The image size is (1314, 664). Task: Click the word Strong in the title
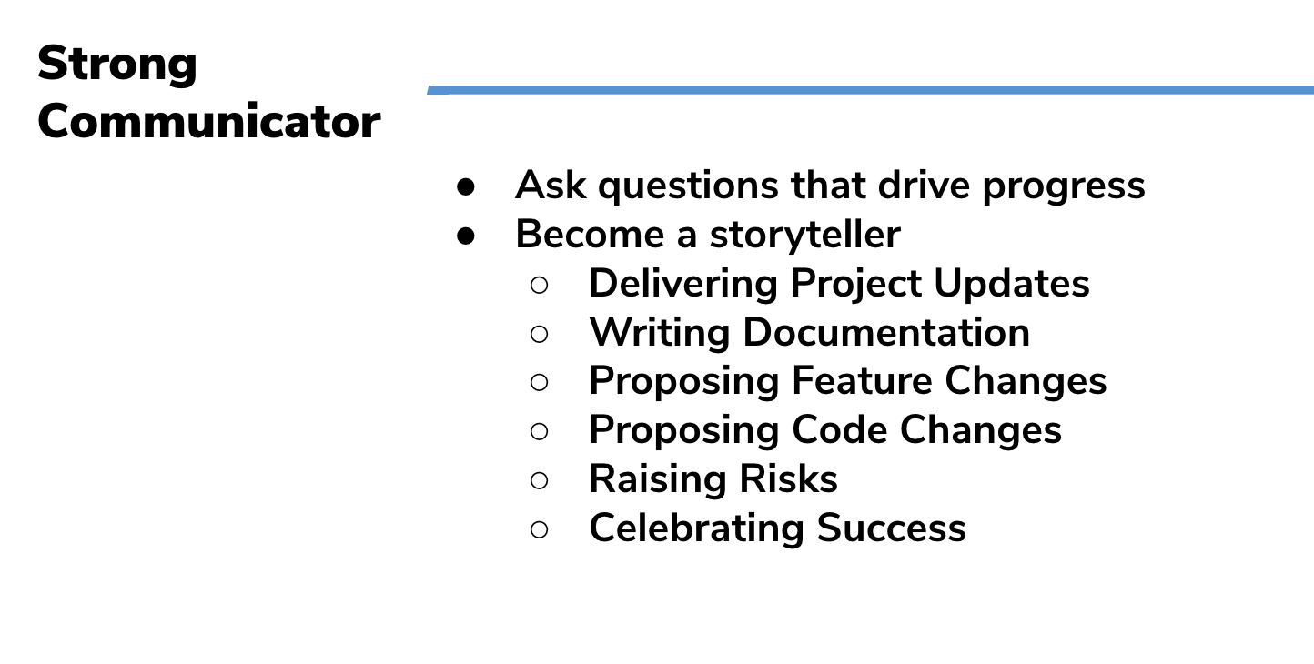117,65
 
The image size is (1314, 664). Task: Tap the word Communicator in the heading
209,121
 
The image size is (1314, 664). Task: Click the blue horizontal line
871,90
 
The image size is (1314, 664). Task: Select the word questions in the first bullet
688,186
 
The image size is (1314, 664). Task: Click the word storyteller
804,236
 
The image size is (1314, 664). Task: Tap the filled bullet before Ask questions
466,187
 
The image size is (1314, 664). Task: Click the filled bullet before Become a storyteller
466,236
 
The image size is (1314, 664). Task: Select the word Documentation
885,333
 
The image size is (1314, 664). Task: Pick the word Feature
862,381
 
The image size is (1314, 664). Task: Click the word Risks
788,479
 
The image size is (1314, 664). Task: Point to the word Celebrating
696,529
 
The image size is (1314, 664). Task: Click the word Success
891,528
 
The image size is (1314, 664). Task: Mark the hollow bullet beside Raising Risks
539,480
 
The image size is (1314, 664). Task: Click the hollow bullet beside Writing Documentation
539,334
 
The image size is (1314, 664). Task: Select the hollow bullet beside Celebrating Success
539,529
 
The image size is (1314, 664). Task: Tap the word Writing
660,334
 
